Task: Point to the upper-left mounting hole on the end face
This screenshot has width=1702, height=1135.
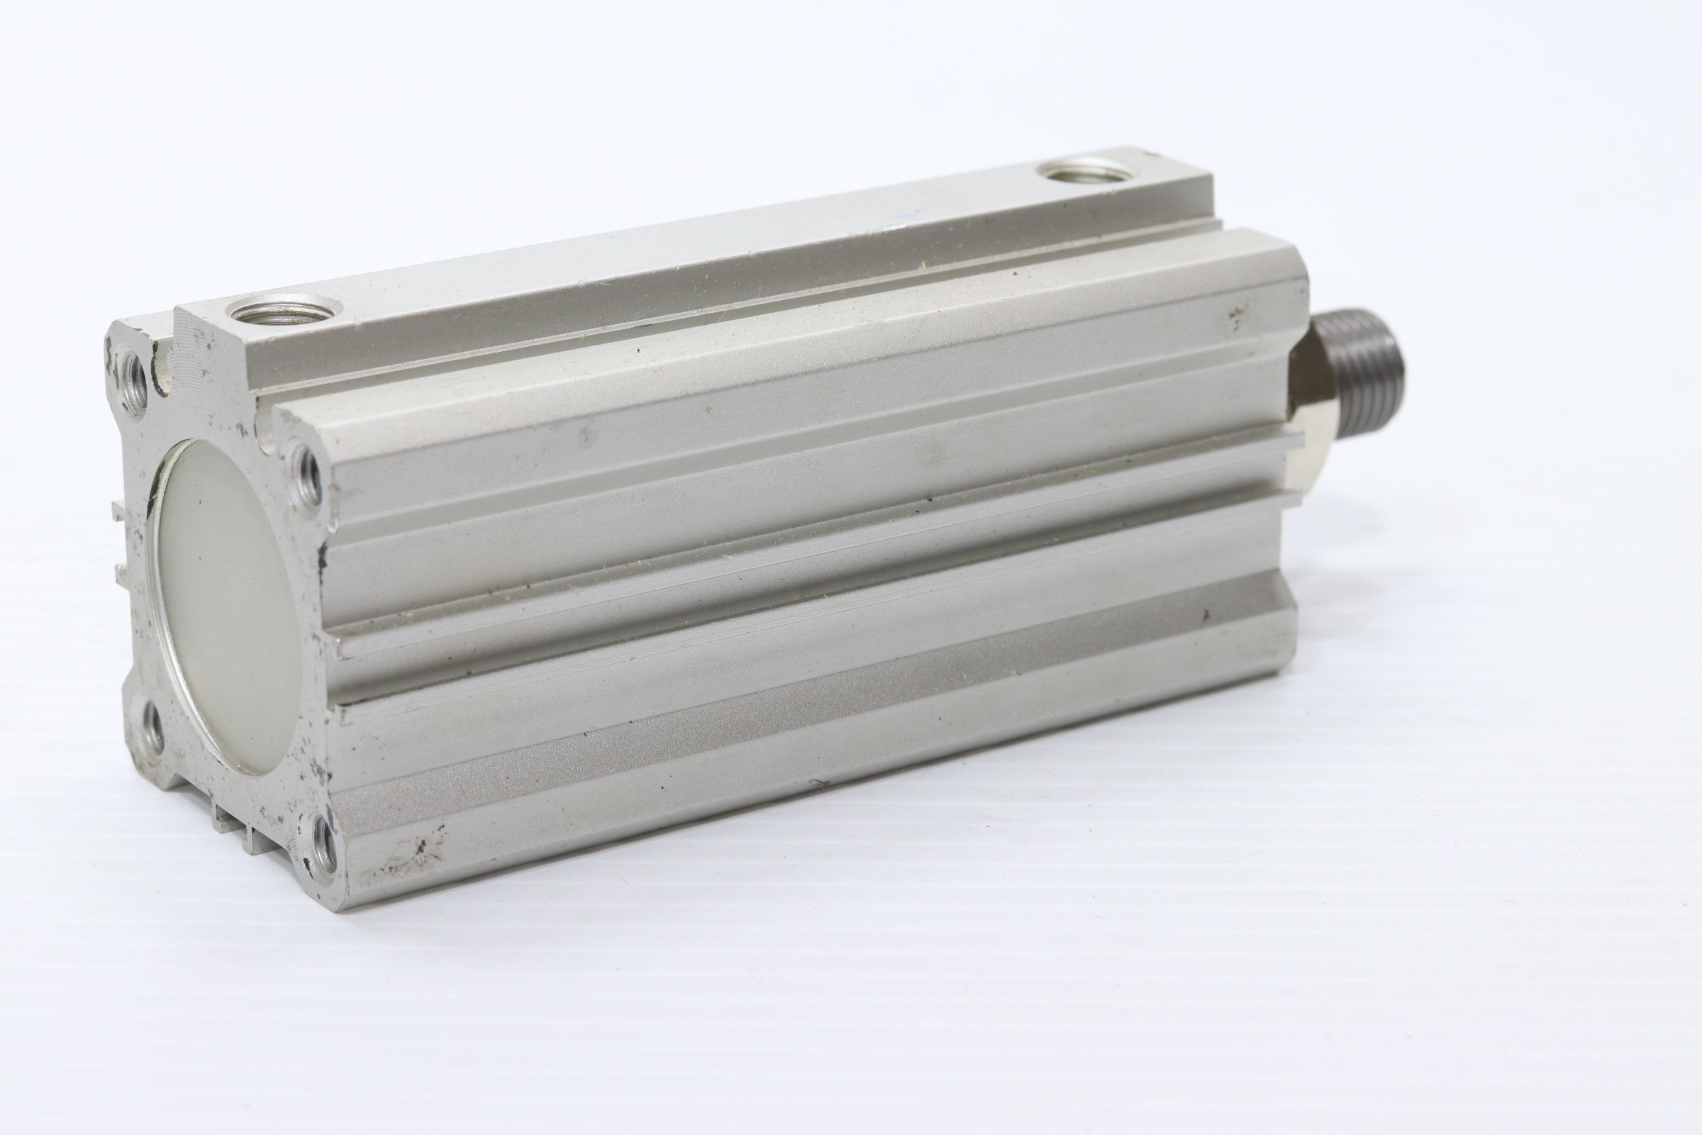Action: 135,375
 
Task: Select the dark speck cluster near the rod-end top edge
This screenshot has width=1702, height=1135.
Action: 1238,316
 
